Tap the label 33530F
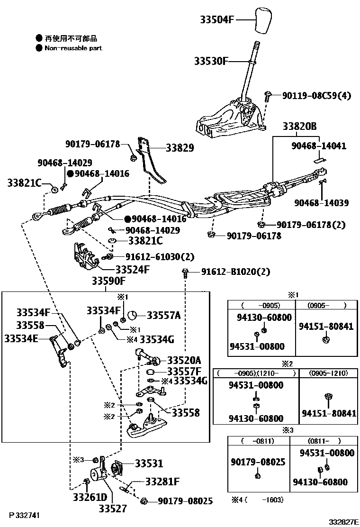211,61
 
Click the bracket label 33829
180,148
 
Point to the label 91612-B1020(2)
235,272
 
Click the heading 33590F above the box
108,282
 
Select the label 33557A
163,315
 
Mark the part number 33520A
184,360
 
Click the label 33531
149,463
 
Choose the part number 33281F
162,482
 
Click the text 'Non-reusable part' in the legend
73,48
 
